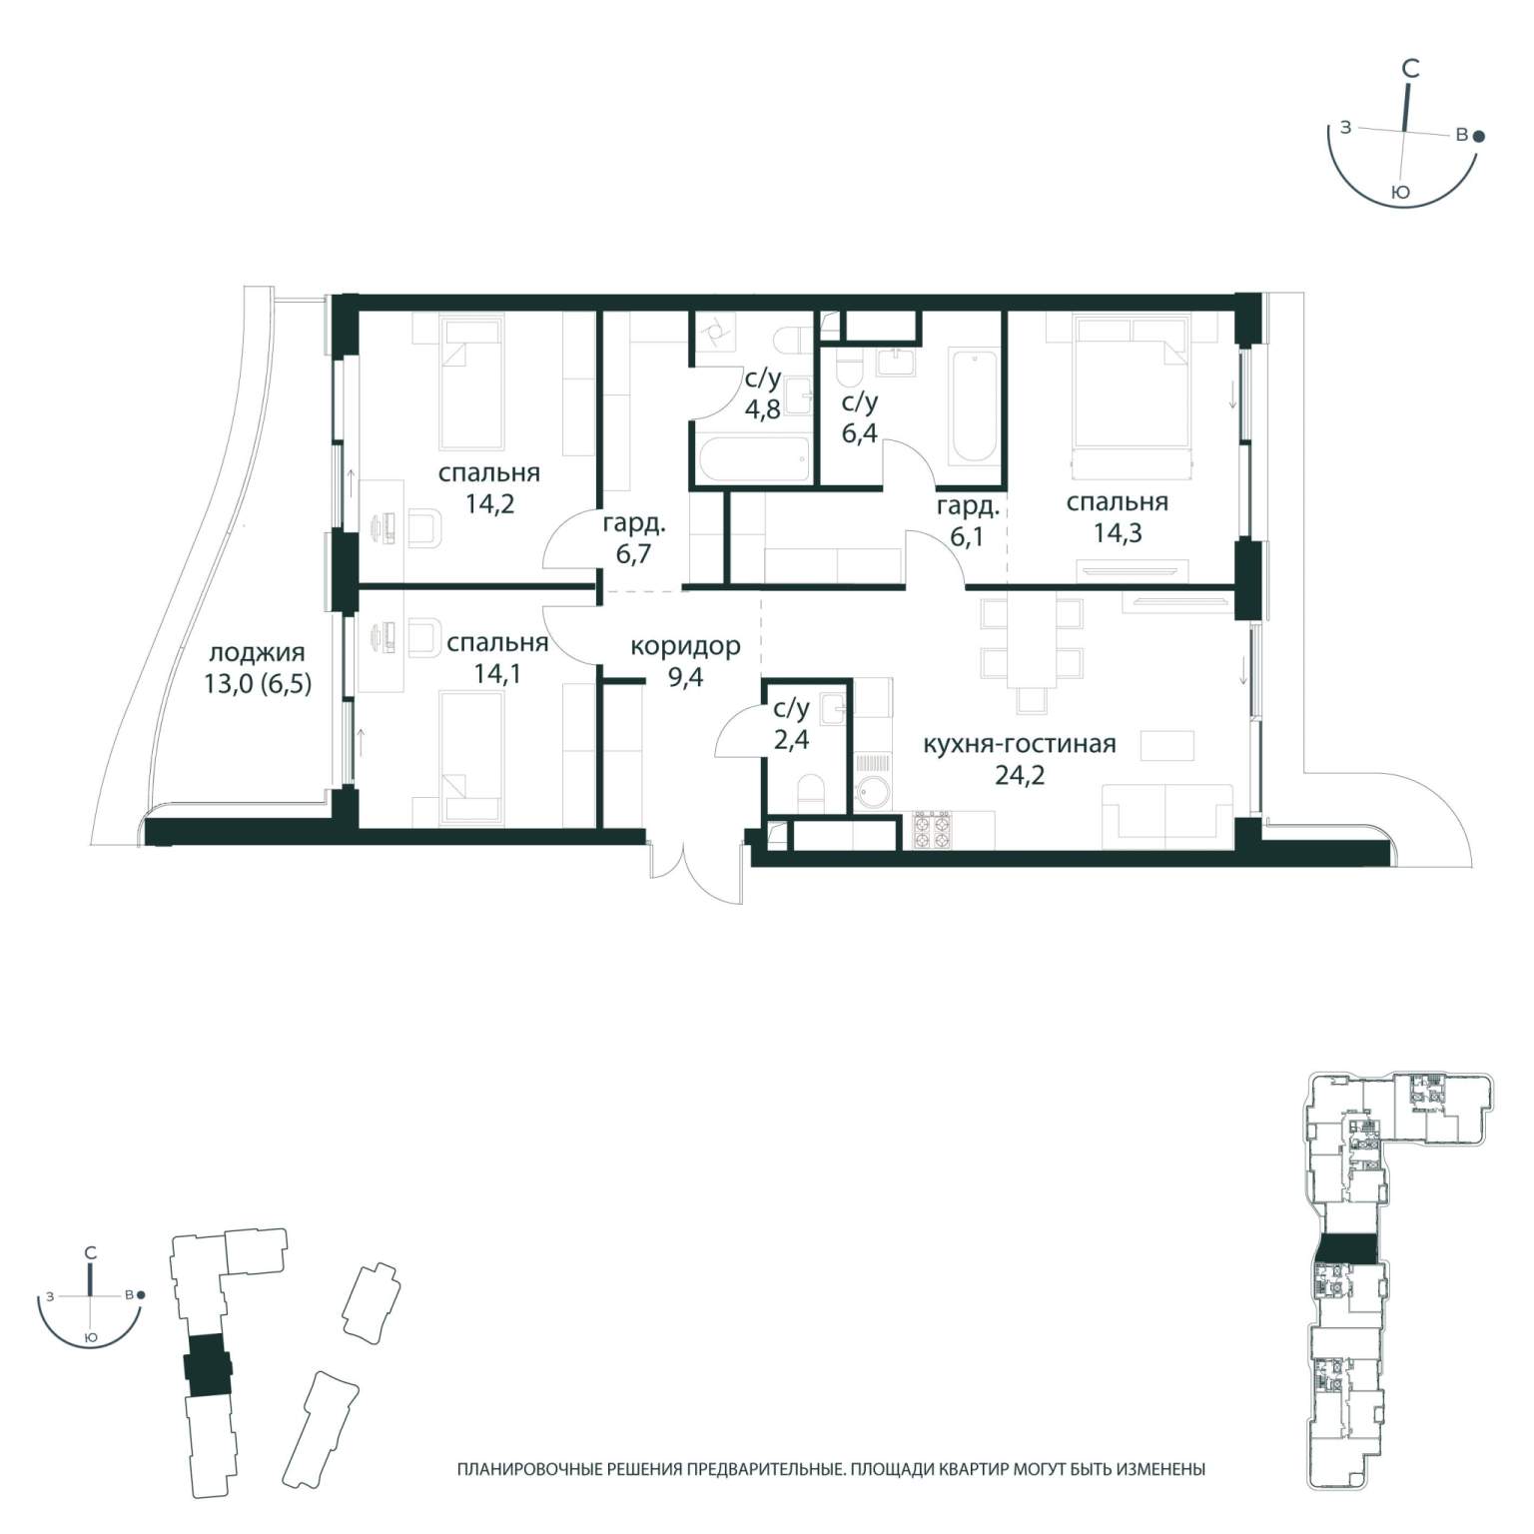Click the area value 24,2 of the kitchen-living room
click(1020, 774)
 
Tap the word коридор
click(685, 646)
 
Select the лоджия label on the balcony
click(257, 654)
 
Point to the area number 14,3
click(1118, 533)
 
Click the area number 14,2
click(489, 503)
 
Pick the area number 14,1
click(497, 674)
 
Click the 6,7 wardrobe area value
click(634, 553)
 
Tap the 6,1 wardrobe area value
click(968, 537)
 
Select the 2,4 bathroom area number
click(791, 740)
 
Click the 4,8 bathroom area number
click(762, 409)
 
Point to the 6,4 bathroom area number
click(859, 433)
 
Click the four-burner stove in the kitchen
click(930, 830)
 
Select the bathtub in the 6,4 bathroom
click(974, 406)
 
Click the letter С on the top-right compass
click(1410, 69)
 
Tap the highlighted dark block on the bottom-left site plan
click(208, 1365)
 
